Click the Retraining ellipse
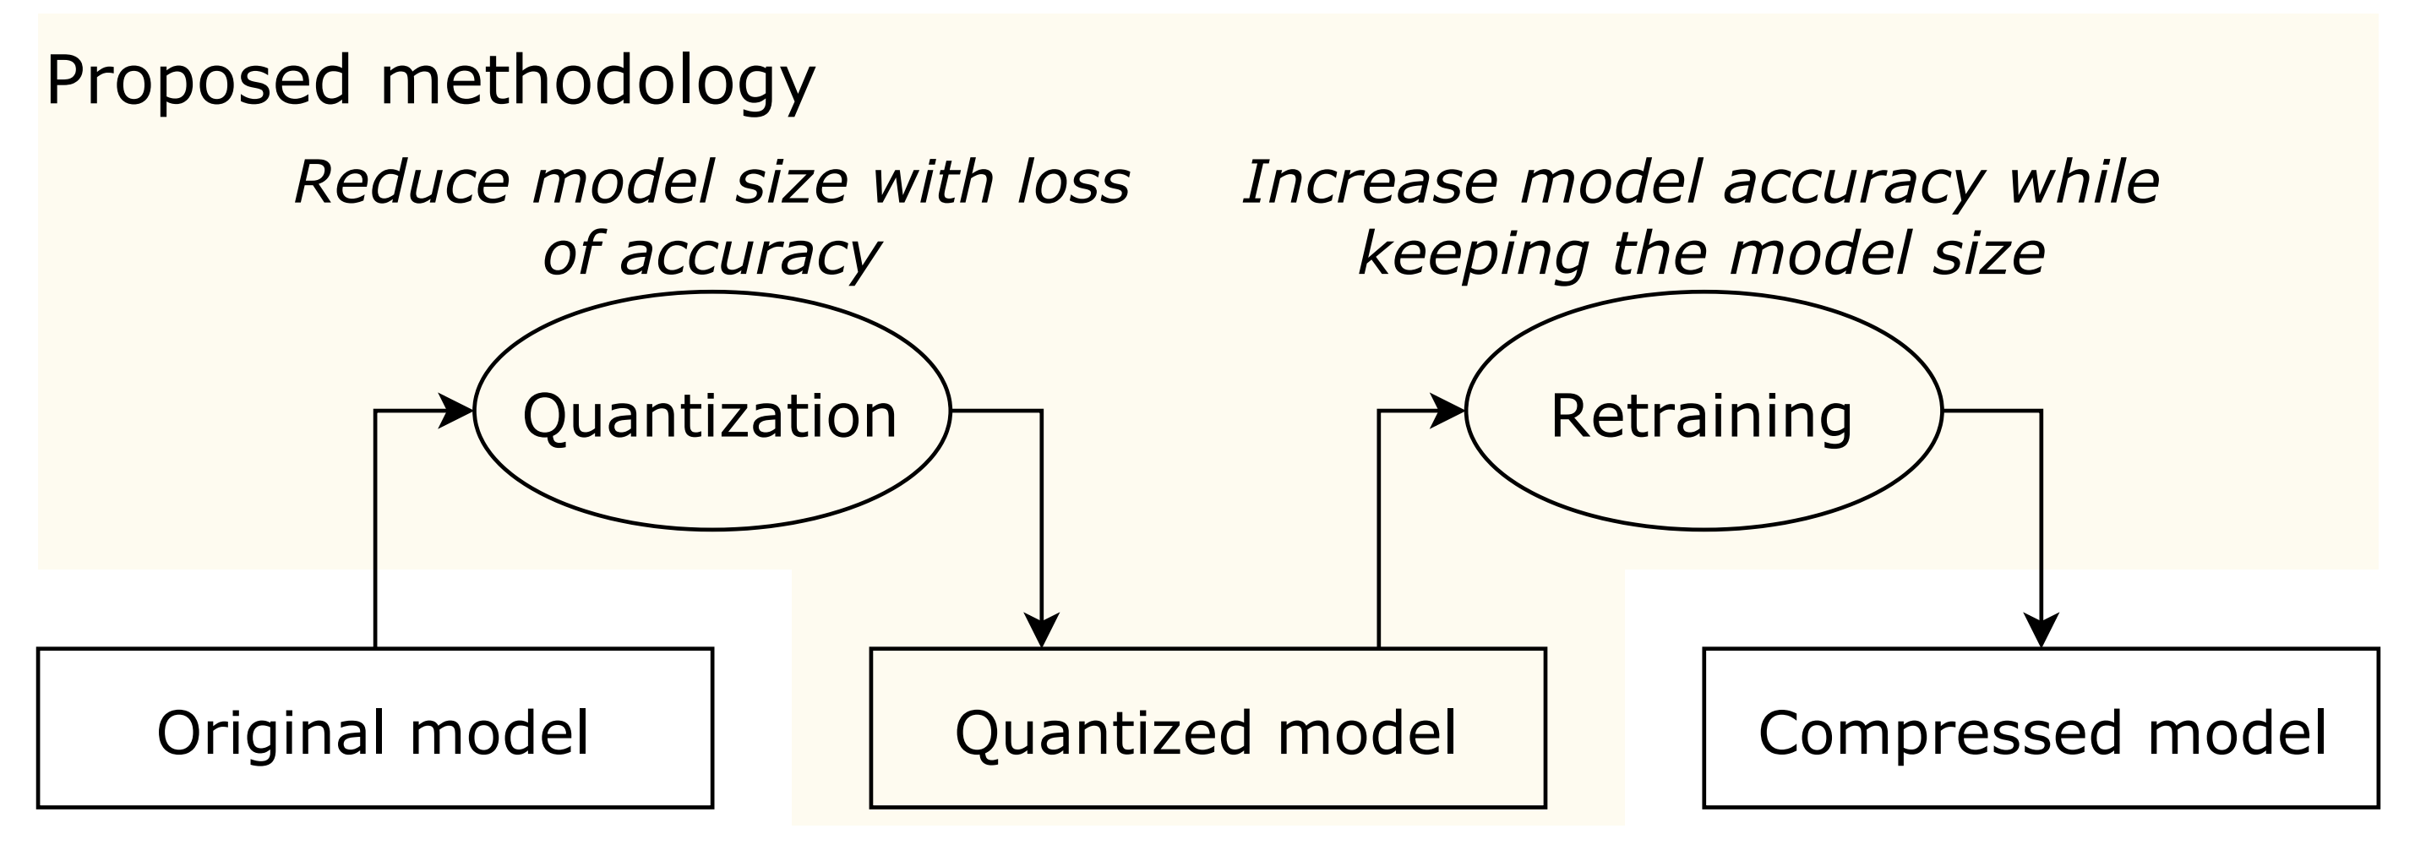1703,411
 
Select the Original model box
375,728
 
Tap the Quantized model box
1207,728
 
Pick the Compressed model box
2040,728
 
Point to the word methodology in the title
597,83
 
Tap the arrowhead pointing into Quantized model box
1042,630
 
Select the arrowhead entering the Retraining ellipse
1447,411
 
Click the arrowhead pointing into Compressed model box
2041,630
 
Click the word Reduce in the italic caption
402,182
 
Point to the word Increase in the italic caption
1369,182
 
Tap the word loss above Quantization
1073,182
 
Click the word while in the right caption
2082,182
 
